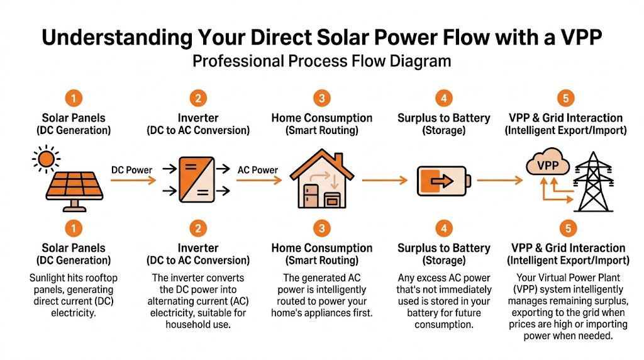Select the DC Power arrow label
point(131,170)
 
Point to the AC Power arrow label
point(258,170)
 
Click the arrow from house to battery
point(385,181)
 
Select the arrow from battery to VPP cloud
point(500,181)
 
